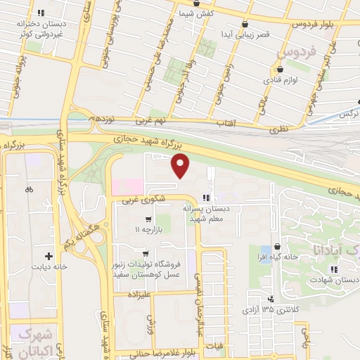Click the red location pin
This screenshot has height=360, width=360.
(181, 167)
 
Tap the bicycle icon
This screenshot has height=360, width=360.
(29, 189)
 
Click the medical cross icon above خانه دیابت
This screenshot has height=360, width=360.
(49, 257)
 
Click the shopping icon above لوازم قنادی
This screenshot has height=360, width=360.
(281, 70)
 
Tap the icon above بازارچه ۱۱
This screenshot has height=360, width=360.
(148, 219)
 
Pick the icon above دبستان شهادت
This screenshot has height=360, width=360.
(336, 269)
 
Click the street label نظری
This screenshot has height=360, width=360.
(274, 129)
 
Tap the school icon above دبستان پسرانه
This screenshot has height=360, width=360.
(206, 198)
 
